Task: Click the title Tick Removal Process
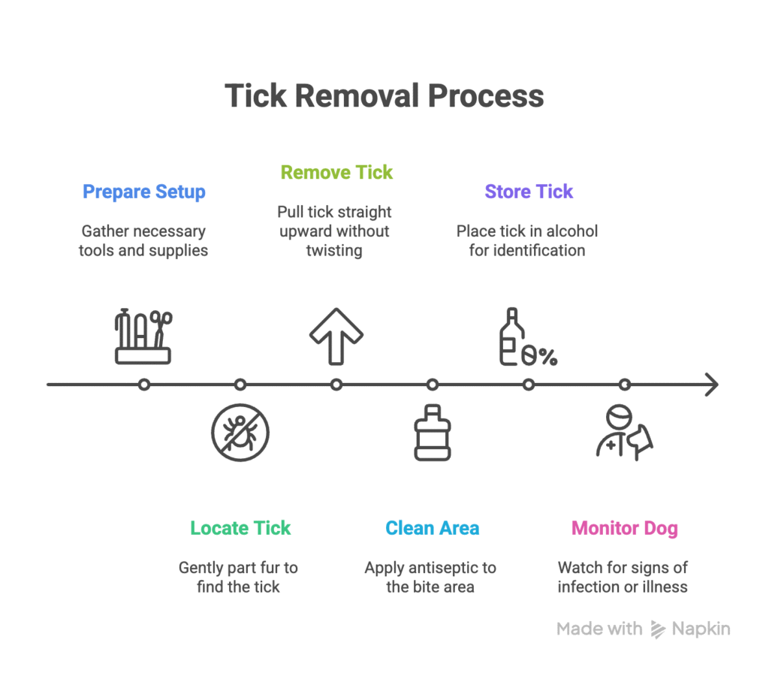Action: point(384,96)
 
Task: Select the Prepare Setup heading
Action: point(143,192)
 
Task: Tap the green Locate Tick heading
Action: point(240,528)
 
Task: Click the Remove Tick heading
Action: point(336,172)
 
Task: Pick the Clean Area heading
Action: point(432,528)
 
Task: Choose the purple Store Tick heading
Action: point(529,192)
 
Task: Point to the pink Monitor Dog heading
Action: point(624,528)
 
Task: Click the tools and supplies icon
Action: point(143,337)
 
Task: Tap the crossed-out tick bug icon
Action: point(240,432)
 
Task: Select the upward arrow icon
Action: point(336,336)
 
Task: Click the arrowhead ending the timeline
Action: point(711,385)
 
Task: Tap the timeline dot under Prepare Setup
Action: point(144,385)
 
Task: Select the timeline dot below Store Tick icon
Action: point(529,385)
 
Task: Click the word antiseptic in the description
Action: point(445,568)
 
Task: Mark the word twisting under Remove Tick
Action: point(333,250)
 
